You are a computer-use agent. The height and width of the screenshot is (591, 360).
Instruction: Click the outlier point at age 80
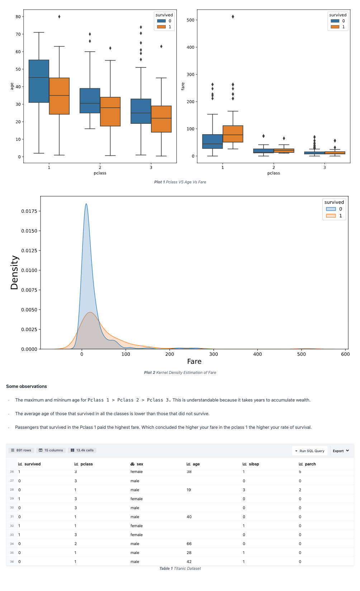click(59, 17)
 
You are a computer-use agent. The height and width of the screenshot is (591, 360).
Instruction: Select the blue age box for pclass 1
click(39, 81)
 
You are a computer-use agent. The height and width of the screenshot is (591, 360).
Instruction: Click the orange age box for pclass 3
click(161, 119)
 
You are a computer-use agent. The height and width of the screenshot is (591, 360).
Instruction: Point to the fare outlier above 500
click(233, 17)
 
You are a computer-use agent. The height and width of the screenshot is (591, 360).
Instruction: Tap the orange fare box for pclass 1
click(233, 134)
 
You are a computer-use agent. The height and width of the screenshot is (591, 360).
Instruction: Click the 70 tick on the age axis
click(18, 34)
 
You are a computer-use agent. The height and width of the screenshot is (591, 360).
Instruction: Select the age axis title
click(12, 86)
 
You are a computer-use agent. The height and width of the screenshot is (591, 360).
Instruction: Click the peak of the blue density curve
click(86, 204)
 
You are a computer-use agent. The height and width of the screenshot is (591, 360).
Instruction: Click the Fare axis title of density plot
click(194, 362)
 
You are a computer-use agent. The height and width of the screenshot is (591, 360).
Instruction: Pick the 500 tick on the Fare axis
click(301, 354)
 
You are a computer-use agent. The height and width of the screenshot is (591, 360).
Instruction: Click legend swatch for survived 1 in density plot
click(331, 216)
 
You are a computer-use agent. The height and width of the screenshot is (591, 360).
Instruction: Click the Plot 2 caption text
click(180, 372)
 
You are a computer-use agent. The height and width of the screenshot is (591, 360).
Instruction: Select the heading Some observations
click(27, 386)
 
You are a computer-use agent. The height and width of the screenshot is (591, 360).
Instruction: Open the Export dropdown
click(341, 451)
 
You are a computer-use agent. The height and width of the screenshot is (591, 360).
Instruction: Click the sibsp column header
click(254, 464)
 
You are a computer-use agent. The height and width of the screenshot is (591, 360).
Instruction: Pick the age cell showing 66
click(189, 544)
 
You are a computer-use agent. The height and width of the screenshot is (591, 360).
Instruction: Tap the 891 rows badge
click(21, 450)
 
